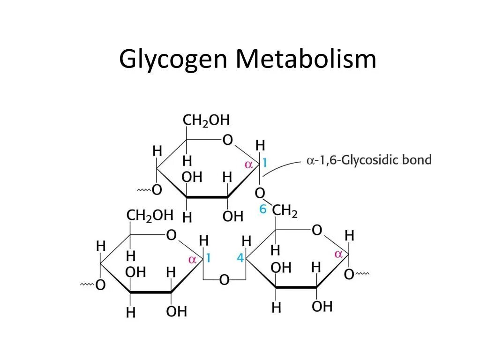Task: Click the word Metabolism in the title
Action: (306, 59)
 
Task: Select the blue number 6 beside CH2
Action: (263, 210)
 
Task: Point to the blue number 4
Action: (240, 258)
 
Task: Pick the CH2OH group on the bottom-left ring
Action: (150, 215)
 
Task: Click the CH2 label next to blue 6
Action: (285, 211)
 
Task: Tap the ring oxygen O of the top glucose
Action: (227, 140)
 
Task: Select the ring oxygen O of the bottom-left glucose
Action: (172, 235)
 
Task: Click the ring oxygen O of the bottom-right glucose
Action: (317, 230)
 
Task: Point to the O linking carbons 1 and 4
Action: (225, 280)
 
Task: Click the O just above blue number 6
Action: (260, 193)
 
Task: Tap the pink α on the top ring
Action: (249, 165)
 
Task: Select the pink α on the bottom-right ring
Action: (338, 254)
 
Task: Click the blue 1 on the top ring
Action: (264, 163)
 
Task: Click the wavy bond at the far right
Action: (364, 273)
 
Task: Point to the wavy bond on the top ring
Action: (143, 190)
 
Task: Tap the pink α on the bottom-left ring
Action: (192, 259)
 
